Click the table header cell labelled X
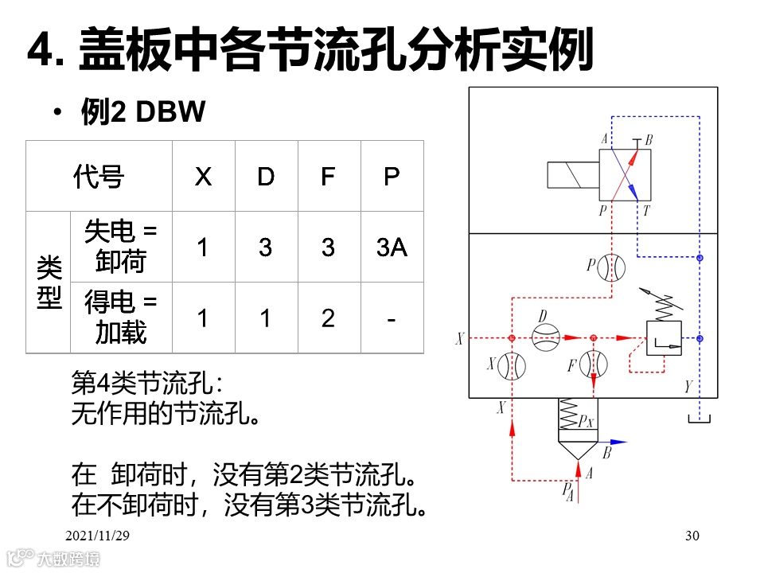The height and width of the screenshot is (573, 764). [x=203, y=176]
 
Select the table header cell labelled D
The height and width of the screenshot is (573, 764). [x=266, y=176]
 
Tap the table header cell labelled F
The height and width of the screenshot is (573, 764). [x=328, y=176]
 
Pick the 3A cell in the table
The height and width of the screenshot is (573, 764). [x=392, y=248]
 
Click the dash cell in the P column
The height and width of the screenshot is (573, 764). [x=392, y=318]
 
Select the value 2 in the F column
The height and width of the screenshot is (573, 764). [x=328, y=318]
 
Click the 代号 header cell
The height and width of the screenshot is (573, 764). [x=99, y=176]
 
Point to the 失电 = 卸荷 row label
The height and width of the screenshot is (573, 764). [x=121, y=247]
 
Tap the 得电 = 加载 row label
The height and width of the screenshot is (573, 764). [x=121, y=318]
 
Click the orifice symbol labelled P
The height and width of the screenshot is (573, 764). [x=611, y=267]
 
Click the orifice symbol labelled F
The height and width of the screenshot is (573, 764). [x=593, y=365]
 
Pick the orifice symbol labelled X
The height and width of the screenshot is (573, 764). [x=512, y=365]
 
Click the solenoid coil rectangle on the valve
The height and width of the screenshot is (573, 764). [x=573, y=174]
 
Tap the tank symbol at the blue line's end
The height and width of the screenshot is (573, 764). [x=700, y=419]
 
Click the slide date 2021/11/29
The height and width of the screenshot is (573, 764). [x=97, y=536]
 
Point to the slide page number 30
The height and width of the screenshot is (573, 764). [x=691, y=536]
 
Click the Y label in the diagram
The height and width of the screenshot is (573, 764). [x=687, y=388]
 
